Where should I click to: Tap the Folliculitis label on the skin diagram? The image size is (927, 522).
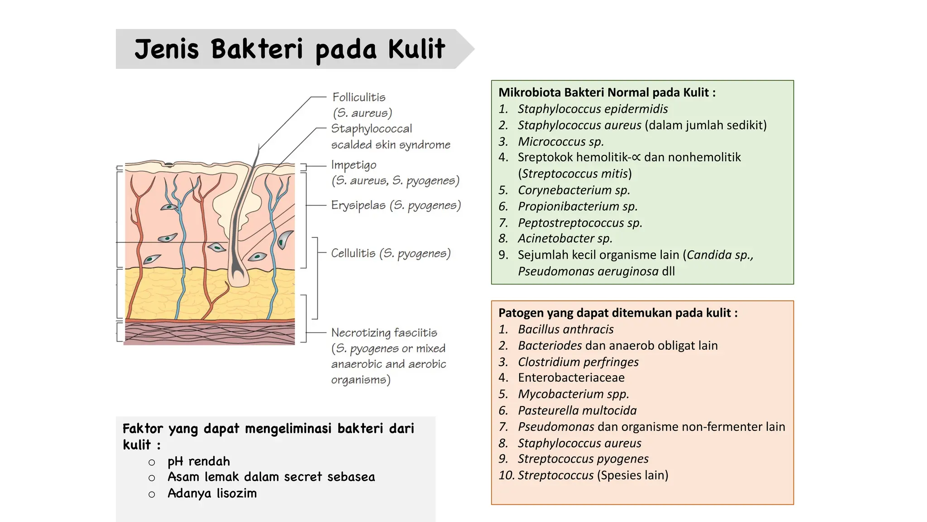tap(359, 97)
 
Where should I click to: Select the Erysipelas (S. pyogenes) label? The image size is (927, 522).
tap(396, 205)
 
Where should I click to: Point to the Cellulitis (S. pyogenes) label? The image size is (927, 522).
tap(391, 253)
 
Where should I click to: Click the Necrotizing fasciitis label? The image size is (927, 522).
tap(384, 333)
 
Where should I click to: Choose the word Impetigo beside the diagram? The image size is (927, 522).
tap(354, 165)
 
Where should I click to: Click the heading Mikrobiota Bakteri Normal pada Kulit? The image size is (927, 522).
tap(607, 92)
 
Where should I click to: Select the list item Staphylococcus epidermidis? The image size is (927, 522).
tap(593, 109)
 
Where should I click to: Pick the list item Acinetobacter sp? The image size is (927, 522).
tap(565, 238)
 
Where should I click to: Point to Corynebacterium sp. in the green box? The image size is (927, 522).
tap(574, 190)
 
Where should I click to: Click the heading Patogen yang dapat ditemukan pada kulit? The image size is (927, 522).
tap(618, 313)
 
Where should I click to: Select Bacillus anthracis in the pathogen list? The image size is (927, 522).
tap(566, 329)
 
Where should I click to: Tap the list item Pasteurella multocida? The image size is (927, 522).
tap(577, 410)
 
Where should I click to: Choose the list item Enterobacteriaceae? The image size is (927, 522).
tap(571, 377)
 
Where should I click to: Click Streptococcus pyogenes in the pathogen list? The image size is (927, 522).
tap(583, 459)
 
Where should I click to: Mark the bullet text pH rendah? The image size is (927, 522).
tap(199, 461)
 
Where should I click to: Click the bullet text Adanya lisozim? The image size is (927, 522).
tap(212, 493)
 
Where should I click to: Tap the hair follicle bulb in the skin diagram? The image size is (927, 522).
tap(238, 274)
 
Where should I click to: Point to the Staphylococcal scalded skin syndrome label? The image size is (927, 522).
tap(390, 136)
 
